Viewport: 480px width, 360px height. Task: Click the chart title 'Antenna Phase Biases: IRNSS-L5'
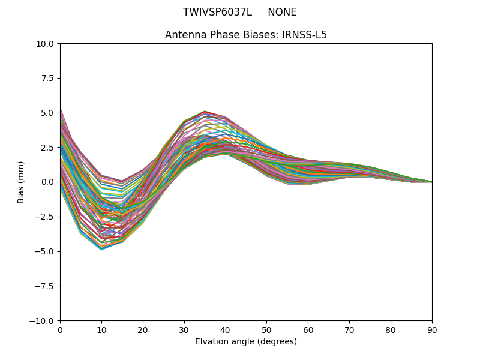coord(246,35)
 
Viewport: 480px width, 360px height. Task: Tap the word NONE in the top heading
coord(282,12)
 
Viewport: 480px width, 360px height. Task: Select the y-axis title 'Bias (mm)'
coord(21,182)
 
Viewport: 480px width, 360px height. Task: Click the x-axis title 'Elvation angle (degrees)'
coord(246,341)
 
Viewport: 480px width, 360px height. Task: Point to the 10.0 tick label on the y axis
coord(46,43)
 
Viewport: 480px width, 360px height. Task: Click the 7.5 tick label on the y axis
coord(48,78)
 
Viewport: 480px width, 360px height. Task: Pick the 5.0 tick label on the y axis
coord(48,113)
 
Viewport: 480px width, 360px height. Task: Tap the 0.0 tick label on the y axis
coord(48,182)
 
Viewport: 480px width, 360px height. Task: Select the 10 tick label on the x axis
coord(101,329)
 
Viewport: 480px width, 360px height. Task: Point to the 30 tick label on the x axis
coord(184,329)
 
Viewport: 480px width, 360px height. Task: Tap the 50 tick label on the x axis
coord(266,329)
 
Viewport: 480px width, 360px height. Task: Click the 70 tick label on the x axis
coord(349,329)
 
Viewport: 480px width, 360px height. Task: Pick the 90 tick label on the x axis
coord(432,329)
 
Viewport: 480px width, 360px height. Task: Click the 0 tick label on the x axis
coord(60,329)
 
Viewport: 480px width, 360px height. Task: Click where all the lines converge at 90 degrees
coord(431,182)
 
